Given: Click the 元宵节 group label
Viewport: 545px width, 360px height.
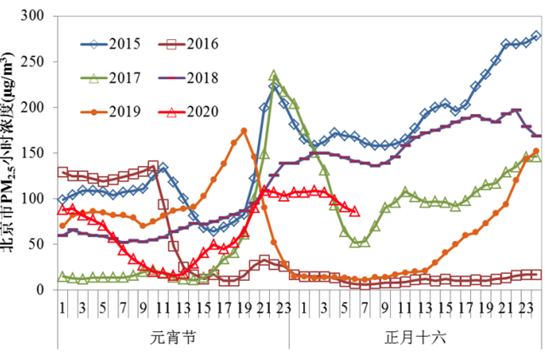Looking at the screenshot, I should pos(174,336).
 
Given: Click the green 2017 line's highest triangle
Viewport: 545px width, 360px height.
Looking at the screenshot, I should pos(273,76).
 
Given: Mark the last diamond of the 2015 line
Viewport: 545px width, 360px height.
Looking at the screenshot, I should pos(536,36).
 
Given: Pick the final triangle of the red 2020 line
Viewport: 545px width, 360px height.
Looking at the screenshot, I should pos(354,210).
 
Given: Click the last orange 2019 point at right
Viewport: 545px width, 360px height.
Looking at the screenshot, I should pos(536,151).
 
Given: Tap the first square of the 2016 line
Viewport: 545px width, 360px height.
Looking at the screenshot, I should pos(62,172).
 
